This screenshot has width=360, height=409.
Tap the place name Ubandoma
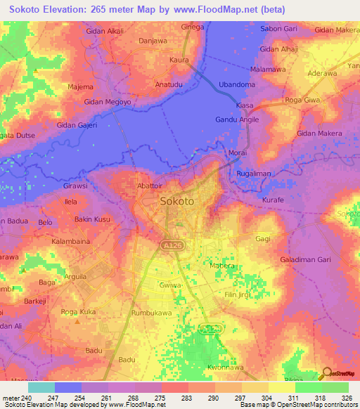tap(237, 84)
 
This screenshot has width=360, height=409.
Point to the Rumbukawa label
tap(153, 313)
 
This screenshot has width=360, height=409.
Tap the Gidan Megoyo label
tap(107, 101)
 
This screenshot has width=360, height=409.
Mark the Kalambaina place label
tap(73, 241)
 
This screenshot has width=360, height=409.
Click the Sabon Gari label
tap(279, 29)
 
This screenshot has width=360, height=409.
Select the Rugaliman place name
tap(255, 174)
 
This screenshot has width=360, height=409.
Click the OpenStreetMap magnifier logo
tap(327, 375)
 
